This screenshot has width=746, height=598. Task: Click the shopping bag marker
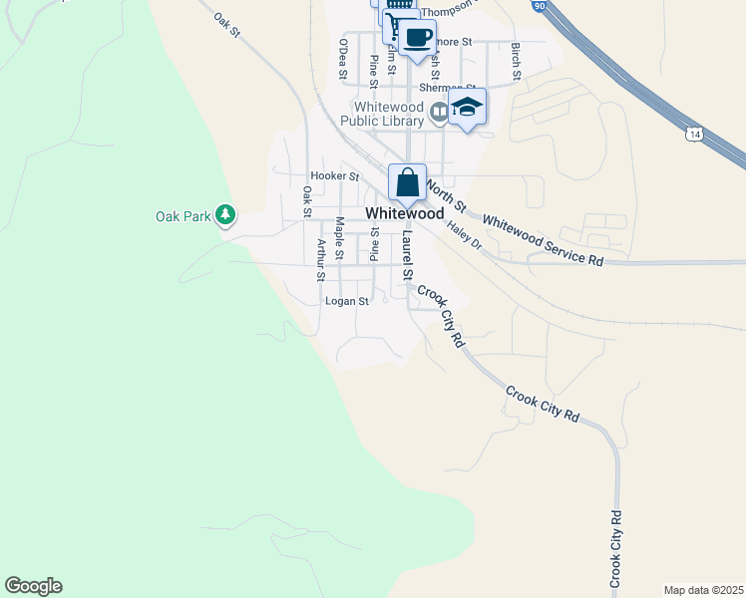coord(407,183)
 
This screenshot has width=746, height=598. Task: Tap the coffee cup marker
coord(419,39)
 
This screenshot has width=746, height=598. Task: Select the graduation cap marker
coord(466,108)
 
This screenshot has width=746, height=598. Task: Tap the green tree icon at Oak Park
coord(226,214)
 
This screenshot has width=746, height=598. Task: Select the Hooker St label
coord(334,175)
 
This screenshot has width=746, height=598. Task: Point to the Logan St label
coord(347,300)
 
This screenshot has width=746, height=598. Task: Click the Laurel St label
coord(407,257)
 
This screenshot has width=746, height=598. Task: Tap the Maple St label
coord(340,239)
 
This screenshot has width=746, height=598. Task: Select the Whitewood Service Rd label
coord(544,239)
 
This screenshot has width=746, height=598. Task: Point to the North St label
coord(446,194)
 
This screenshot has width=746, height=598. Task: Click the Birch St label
coord(516,62)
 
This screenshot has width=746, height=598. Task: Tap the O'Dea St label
coord(343,59)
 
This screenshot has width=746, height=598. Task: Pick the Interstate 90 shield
coord(566,6)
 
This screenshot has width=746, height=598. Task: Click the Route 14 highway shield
coord(694,133)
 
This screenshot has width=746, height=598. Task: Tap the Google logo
coord(33,586)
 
